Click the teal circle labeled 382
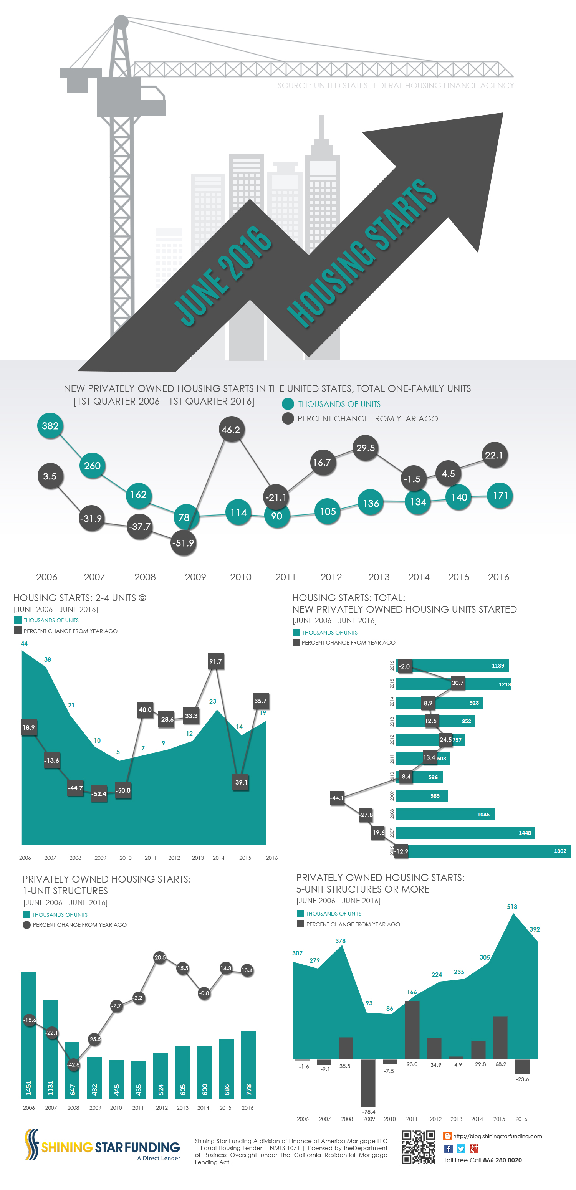point(50,425)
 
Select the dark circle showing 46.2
point(231,430)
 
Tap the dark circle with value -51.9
point(183,543)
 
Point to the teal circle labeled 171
point(500,496)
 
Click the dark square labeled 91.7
point(215,661)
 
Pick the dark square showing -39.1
point(240,782)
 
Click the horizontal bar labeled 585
point(422,795)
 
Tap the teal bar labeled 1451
point(28,1035)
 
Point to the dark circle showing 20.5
point(160,957)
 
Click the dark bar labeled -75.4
point(368,1082)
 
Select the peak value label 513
point(512,907)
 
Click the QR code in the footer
point(418,1147)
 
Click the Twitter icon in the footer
point(461,1149)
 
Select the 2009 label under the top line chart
point(195,577)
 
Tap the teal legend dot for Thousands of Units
point(288,404)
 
